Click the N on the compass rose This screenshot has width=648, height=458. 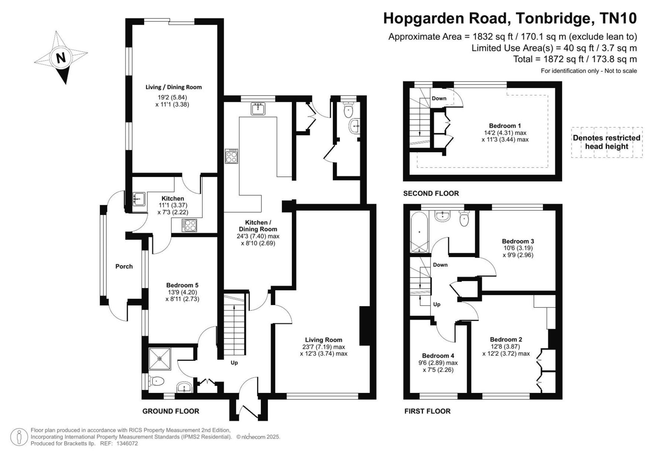pyautogui.click(x=61, y=58)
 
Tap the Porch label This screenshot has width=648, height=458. pyautogui.click(x=124, y=266)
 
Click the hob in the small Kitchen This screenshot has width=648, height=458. pyautogui.click(x=189, y=225)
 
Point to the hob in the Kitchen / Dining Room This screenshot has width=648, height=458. pyautogui.click(x=232, y=156)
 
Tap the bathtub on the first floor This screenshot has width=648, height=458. pyautogui.click(x=419, y=232)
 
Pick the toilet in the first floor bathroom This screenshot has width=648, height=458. pyautogui.click(x=465, y=218)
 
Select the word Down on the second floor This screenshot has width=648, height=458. pyautogui.click(x=439, y=99)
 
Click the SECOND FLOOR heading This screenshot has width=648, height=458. pyautogui.click(x=431, y=193)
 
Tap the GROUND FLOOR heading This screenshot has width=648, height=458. pyautogui.click(x=171, y=411)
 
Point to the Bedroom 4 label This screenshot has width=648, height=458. pyautogui.click(x=438, y=356)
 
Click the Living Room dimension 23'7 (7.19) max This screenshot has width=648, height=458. pyautogui.click(x=324, y=347)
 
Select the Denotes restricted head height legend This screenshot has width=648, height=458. pyautogui.click(x=606, y=142)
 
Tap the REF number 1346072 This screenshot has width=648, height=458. pyautogui.click(x=127, y=444)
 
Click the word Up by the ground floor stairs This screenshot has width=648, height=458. pyautogui.click(x=234, y=363)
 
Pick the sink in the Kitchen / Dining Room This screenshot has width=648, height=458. pyautogui.click(x=259, y=109)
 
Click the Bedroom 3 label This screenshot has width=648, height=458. pyautogui.click(x=518, y=241)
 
